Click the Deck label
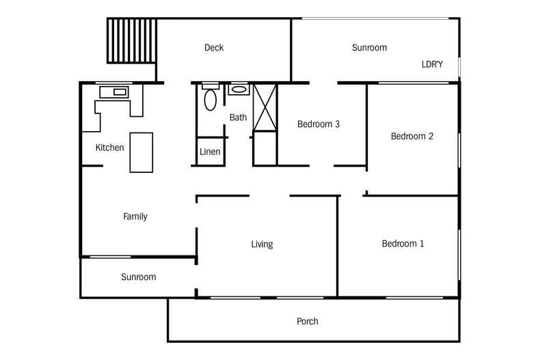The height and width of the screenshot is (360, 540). click(214, 48)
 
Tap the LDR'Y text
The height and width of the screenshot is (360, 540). click(432, 65)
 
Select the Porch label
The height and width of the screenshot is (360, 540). click(307, 322)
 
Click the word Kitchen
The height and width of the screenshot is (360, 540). click(109, 148)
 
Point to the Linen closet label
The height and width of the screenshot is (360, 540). click(210, 152)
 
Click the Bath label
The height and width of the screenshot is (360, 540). click(238, 117)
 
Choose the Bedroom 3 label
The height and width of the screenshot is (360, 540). click(319, 124)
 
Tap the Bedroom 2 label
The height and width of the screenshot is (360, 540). click(411, 136)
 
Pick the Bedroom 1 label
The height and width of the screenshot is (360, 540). click(403, 244)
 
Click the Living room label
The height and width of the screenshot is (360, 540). click(262, 244)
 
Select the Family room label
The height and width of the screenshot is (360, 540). click(135, 217)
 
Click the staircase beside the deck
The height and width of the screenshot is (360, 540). click(132, 41)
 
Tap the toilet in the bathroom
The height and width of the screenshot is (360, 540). click(211, 99)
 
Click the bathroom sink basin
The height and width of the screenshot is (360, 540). click(239, 89)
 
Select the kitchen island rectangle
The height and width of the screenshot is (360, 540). click(141, 152)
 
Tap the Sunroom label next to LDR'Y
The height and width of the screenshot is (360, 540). click(369, 48)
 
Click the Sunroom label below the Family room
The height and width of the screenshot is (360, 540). click(139, 277)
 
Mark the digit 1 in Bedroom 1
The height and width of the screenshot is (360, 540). click(422, 244)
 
